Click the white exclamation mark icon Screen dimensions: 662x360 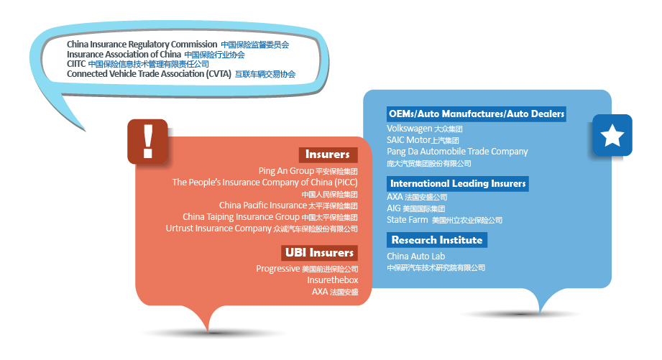(148, 142)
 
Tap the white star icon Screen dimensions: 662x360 (612, 135)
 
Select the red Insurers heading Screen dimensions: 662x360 (328, 154)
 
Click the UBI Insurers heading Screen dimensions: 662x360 (319, 253)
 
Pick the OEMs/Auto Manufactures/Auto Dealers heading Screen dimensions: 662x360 (477, 114)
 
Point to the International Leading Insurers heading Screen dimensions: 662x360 (458, 183)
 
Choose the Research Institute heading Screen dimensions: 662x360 (437, 240)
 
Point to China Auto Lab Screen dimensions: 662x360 (416, 257)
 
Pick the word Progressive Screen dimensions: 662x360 (277, 269)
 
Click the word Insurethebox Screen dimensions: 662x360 (333, 280)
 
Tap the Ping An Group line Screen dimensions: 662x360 (308, 171)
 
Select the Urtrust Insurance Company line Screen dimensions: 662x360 (262, 229)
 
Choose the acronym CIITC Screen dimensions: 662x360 (76, 64)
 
